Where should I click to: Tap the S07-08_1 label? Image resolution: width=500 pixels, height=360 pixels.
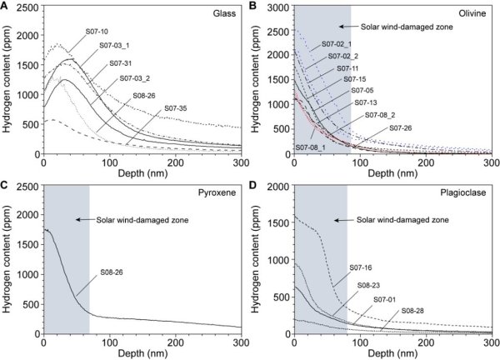click(x=311, y=147)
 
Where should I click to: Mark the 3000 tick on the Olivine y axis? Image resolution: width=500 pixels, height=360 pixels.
click(x=278, y=7)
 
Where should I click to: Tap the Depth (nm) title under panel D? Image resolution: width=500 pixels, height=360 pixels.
click(x=392, y=353)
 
